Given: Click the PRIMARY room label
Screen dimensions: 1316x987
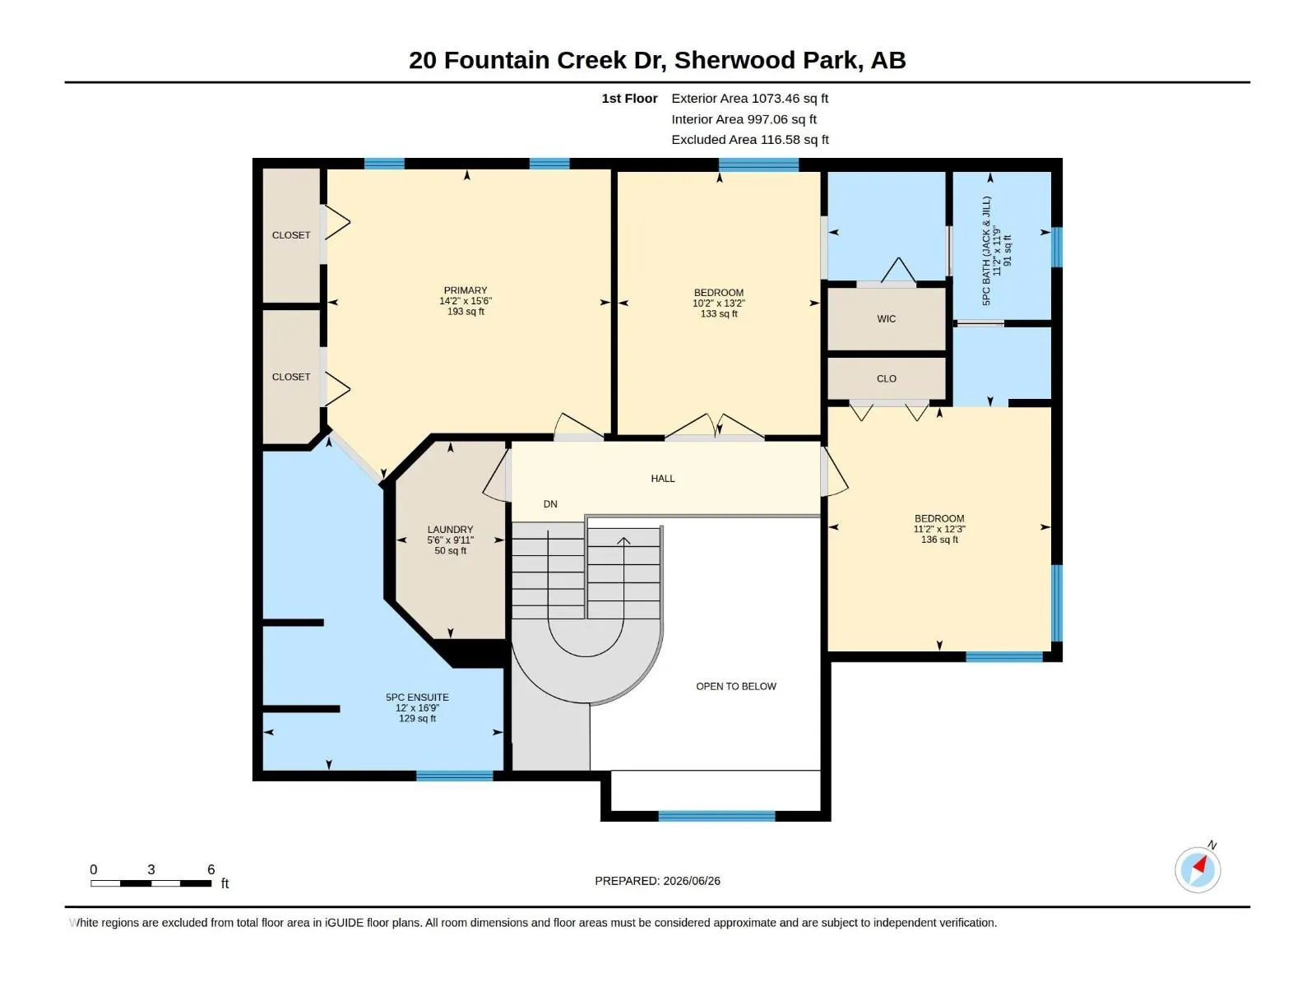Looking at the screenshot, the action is pos(466,290).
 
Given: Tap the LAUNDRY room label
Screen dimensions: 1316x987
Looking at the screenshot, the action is pos(450,529).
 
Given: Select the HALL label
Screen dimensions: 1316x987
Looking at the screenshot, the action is pos(662,478).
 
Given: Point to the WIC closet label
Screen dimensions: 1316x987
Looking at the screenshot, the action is pos(886,319).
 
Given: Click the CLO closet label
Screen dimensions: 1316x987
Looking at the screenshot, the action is pos(886,378).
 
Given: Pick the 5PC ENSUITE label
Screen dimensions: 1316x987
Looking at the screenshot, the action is pos(417,697).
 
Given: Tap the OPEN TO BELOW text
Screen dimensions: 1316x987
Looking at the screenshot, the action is pos(735,686).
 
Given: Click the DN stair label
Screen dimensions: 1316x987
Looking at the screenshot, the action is pos(550,504).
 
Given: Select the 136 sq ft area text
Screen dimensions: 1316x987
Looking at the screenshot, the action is pos(939,540).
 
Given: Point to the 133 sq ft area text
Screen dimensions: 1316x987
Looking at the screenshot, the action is pos(719,313).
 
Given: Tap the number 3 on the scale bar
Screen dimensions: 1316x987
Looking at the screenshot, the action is pos(151,869).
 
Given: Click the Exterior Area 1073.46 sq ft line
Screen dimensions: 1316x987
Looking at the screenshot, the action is pos(749,98).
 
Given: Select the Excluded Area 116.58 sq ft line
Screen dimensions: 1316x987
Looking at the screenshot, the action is pos(749,140).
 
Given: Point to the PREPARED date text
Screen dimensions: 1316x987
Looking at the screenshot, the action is pos(658,881).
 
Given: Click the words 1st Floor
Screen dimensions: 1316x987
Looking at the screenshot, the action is pos(629,98).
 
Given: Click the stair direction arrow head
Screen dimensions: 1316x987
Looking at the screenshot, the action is pos(623,540).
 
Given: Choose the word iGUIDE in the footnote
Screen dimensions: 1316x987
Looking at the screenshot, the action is pos(344,923).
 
